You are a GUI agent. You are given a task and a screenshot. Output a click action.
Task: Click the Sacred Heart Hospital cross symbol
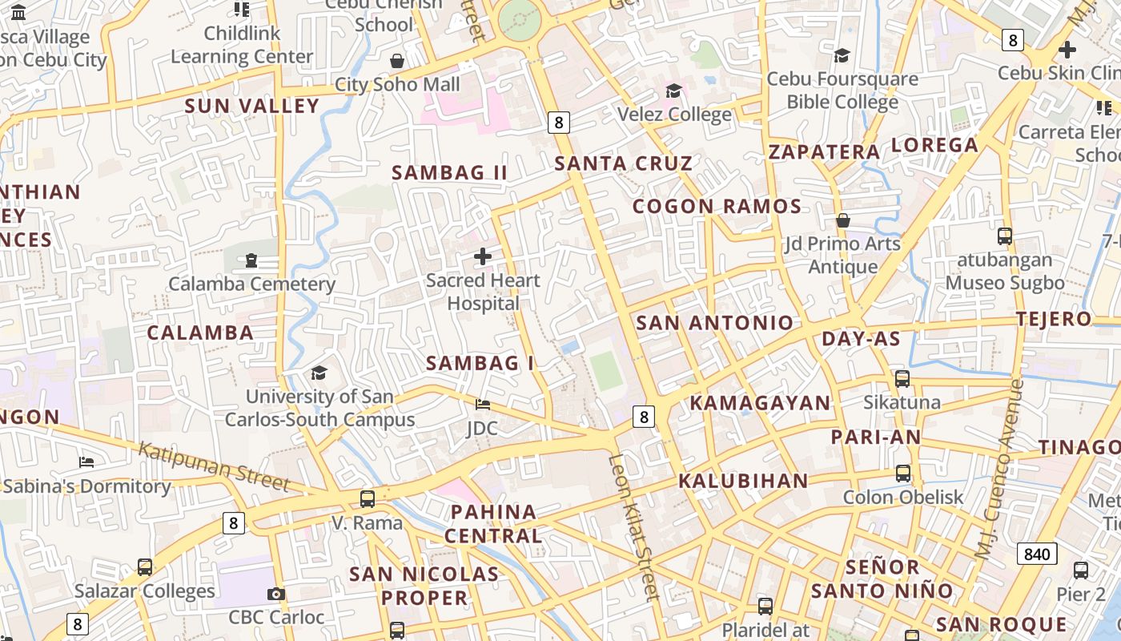483,256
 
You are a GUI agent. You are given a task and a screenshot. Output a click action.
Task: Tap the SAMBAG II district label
449,172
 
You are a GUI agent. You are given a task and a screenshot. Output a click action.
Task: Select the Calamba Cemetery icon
251,260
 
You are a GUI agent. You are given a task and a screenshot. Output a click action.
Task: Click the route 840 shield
1037,554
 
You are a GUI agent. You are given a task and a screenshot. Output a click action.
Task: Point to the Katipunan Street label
213,466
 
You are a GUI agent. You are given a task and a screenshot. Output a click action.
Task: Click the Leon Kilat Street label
634,526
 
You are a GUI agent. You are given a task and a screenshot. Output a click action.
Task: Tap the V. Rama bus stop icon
368,499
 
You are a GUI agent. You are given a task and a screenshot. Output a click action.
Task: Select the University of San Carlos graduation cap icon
319,373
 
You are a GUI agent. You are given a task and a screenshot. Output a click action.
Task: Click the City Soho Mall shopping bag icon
396,61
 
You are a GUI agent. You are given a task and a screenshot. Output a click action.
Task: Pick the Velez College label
674,115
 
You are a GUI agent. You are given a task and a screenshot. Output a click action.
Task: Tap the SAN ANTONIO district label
714,323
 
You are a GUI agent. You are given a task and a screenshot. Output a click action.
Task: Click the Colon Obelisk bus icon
903,474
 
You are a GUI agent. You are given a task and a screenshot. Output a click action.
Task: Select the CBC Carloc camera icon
276,594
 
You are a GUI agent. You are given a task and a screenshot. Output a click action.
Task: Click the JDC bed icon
483,405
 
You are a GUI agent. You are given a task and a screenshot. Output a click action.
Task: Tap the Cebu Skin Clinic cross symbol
1067,50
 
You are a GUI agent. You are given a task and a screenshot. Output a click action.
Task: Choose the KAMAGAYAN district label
761,403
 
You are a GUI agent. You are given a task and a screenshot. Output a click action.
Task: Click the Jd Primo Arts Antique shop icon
842,220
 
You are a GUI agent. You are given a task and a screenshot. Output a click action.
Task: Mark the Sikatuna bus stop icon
902,379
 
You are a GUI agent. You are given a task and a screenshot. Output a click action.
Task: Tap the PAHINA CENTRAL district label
493,523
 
